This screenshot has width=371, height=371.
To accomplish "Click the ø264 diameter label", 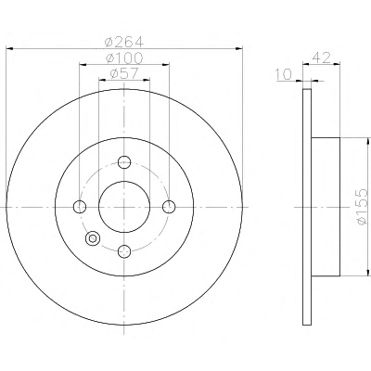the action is point(124,42).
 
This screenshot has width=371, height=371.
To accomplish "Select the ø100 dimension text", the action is point(124,58).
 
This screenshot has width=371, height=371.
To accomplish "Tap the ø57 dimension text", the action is point(124,73).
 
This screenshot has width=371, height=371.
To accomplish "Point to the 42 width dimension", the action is point(322,58).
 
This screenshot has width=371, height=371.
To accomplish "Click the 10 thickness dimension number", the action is point(283,74).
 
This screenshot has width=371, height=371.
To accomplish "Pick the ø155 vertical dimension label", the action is point(362,207).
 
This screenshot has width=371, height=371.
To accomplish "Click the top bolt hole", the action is point(124,162).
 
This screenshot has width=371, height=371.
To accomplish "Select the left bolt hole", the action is point(80,207).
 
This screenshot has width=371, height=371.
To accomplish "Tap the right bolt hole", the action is point(169,207).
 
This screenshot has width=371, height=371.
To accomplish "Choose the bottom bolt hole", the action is point(124,251).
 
